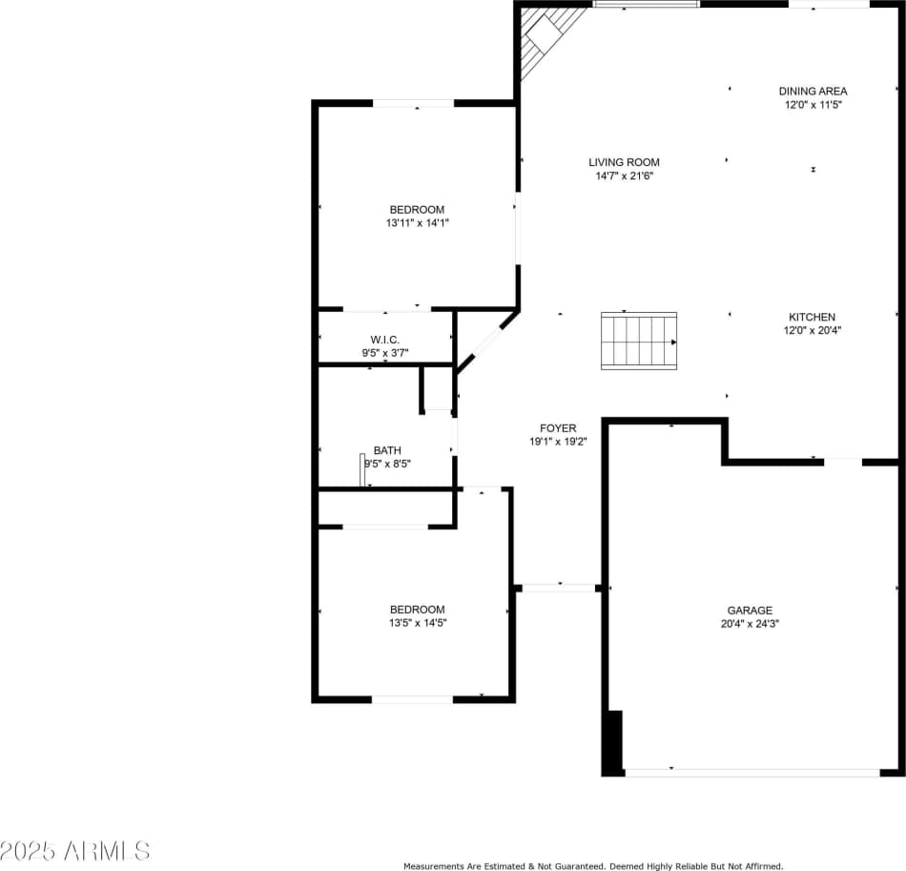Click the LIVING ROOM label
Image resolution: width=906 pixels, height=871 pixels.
[x=624, y=162]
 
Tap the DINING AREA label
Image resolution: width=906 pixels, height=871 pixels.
[x=813, y=92]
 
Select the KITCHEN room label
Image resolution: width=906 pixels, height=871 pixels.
[x=812, y=318]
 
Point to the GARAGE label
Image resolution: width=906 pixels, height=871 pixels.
[x=750, y=611]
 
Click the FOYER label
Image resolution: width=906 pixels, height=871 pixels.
[x=558, y=428]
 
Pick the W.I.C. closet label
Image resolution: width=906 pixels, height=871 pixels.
[x=384, y=341]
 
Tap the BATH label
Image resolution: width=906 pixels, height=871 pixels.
[x=387, y=450]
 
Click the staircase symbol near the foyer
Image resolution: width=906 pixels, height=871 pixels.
[x=638, y=341]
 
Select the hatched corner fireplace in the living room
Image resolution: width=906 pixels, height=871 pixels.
[x=547, y=38]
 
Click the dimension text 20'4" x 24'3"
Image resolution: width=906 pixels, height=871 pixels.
[x=750, y=624]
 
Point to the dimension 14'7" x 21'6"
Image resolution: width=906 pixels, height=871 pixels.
[x=624, y=176]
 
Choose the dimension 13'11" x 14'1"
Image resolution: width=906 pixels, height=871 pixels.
[x=417, y=223]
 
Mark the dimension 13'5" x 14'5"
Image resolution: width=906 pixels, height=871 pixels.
[x=417, y=623]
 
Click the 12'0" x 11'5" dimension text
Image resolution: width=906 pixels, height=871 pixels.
[x=813, y=105]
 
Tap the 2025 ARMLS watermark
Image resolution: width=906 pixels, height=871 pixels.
[x=75, y=849]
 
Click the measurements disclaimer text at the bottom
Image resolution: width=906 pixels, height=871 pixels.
[x=593, y=866]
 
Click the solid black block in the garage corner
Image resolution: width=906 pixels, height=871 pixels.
[x=614, y=741]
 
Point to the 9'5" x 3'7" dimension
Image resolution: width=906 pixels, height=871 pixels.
[x=384, y=353]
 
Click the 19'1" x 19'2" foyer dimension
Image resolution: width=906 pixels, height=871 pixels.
[x=558, y=442]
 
